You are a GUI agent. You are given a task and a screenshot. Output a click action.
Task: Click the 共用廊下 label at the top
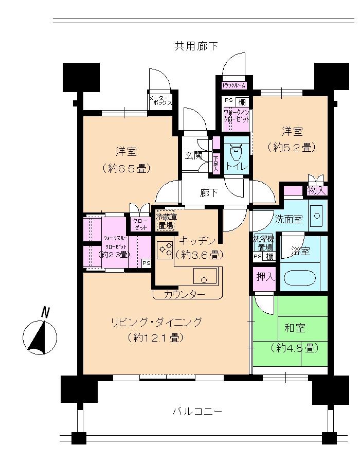click(196, 46)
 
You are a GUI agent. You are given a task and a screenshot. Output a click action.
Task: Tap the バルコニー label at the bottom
click(197, 412)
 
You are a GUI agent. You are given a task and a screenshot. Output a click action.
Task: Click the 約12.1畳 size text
click(155, 339)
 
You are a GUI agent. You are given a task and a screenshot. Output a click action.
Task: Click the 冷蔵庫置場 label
click(166, 221)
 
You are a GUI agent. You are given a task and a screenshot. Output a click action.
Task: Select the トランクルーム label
click(234, 85)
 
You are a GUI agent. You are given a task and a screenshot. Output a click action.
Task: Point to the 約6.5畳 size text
click(125, 167)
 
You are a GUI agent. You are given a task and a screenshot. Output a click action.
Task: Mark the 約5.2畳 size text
click(291, 147)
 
